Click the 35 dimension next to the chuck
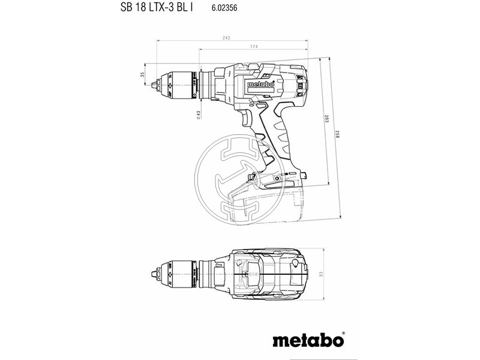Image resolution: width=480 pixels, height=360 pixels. click(x=142, y=74)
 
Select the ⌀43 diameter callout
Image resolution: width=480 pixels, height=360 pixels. click(x=199, y=115)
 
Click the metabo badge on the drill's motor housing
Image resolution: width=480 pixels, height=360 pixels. click(x=260, y=85)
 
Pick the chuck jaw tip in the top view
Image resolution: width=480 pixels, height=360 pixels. click(x=154, y=267)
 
